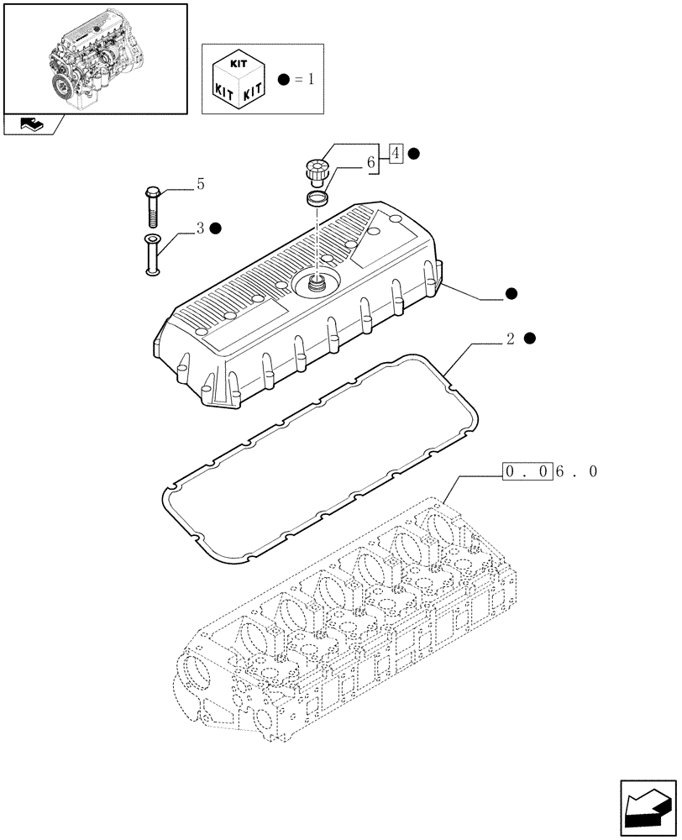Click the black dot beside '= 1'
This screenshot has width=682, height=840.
[x=284, y=81]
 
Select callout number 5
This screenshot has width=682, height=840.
[x=200, y=184]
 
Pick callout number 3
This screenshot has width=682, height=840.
[x=200, y=228]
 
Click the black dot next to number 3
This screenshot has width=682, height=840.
[x=216, y=228]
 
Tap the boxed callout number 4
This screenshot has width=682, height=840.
[x=397, y=154]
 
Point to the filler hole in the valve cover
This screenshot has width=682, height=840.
[x=317, y=283]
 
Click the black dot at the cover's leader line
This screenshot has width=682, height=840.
[x=511, y=294]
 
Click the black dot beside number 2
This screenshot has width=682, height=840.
[x=529, y=339]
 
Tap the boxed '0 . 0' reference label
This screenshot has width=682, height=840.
[x=527, y=472]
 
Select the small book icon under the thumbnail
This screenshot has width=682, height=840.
[x=31, y=125]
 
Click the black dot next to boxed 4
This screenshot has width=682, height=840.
[x=414, y=154]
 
